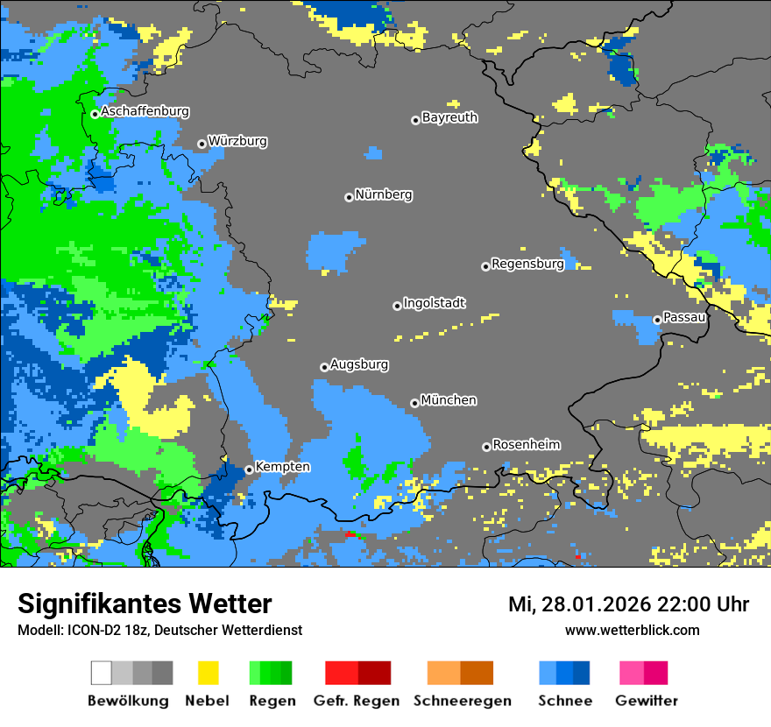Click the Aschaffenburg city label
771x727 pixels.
(145, 111)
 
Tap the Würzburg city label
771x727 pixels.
(237, 141)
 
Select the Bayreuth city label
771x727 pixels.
(449, 117)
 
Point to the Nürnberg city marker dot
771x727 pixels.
(349, 197)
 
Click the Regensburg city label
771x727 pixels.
(527, 264)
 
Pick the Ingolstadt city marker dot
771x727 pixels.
(397, 306)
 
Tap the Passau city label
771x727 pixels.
(684, 317)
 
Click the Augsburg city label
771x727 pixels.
(359, 364)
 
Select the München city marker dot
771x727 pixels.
(414, 403)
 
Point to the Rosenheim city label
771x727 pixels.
(526, 445)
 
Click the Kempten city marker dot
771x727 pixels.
(249, 469)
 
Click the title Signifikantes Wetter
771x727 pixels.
(145, 604)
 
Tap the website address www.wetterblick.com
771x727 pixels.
(632, 630)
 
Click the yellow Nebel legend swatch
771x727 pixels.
(208, 673)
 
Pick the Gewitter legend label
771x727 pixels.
(646, 701)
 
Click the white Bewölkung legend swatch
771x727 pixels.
(102, 673)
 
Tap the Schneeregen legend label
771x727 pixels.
(463, 701)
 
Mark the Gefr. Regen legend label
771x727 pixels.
(357, 701)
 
